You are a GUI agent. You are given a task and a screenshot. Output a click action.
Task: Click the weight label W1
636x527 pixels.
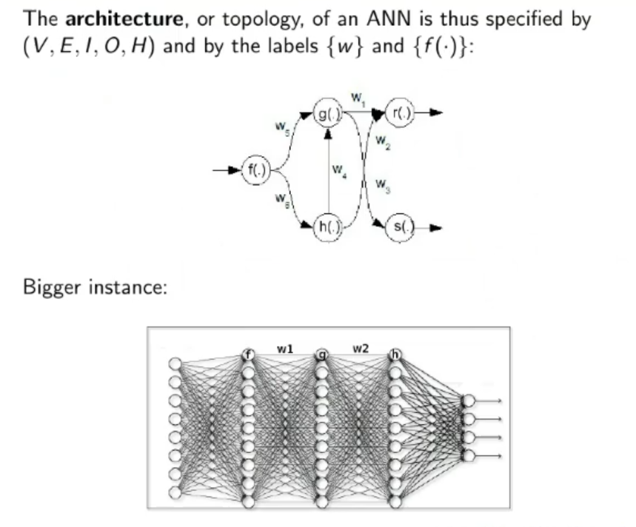click(358, 97)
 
